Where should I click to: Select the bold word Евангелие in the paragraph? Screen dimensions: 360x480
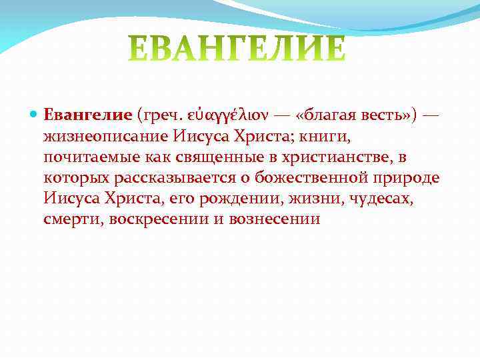88,115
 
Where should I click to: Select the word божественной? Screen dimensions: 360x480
302,179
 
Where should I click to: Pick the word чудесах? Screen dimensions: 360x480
379,199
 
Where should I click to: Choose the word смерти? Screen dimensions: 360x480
73,219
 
